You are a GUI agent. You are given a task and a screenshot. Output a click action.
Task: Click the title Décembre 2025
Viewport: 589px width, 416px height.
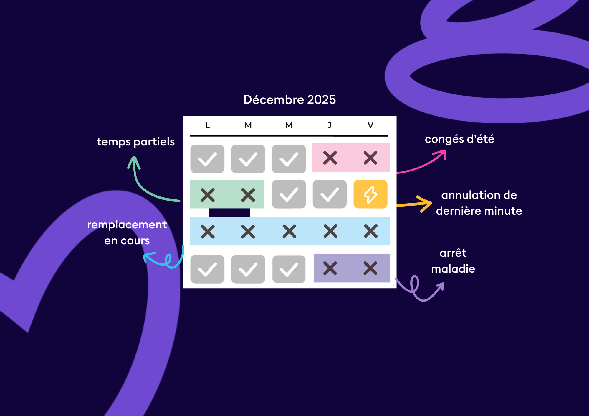tap(289, 100)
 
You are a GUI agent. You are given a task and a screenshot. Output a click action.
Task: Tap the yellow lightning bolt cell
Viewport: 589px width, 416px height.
tap(370, 194)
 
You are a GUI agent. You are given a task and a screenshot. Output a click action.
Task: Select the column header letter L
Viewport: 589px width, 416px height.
tap(207, 125)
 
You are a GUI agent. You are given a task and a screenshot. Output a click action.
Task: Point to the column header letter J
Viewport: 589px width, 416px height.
tap(330, 125)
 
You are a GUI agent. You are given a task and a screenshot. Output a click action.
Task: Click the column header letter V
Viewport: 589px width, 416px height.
tap(370, 125)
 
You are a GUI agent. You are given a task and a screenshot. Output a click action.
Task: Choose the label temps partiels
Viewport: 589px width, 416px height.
tap(135, 142)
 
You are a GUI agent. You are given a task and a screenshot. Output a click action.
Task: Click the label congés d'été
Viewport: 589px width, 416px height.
tap(459, 139)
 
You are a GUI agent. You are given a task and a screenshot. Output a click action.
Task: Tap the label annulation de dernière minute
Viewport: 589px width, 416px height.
tap(479, 203)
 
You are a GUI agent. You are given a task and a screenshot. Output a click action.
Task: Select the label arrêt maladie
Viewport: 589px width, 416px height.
tap(453, 261)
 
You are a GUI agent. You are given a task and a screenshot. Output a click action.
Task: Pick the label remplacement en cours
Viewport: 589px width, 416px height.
tap(127, 232)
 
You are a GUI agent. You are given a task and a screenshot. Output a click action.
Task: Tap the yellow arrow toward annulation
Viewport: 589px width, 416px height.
tap(415, 204)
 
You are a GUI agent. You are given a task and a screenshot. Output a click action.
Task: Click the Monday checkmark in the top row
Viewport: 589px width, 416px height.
tap(207, 159)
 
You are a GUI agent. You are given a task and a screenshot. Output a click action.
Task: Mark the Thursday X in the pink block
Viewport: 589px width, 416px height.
tap(330, 158)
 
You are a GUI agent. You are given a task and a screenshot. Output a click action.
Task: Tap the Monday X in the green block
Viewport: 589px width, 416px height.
tap(208, 195)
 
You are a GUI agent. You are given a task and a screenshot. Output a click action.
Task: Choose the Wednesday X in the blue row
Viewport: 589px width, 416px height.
tap(289, 231)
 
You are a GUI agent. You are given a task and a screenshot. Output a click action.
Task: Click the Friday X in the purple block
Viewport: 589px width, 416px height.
tap(370, 268)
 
